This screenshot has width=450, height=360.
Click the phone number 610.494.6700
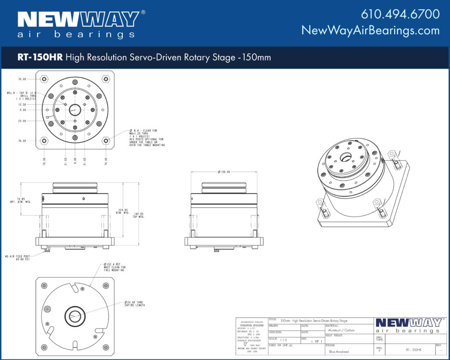point(400,14)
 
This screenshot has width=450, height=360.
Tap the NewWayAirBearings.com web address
point(370,30)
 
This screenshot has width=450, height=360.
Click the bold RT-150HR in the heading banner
point(40,58)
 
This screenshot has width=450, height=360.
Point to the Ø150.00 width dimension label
point(224,172)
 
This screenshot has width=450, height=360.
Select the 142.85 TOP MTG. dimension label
point(139,215)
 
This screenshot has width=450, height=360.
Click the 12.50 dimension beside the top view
point(22,104)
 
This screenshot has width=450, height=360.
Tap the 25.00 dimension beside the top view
point(22,121)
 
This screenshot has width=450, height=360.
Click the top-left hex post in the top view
point(44,79)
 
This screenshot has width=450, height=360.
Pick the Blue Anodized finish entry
point(338,352)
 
